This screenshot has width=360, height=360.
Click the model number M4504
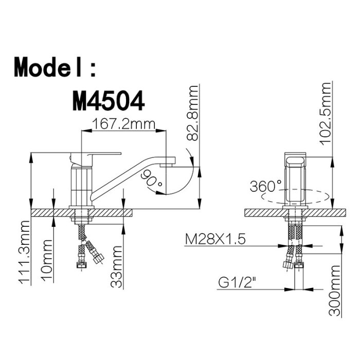pos(109,101)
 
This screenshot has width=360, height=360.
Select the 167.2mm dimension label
pos(124,124)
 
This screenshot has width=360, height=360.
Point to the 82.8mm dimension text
pos(192,113)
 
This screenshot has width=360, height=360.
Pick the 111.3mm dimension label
pos(24,253)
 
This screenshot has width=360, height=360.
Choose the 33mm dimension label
pos(116,266)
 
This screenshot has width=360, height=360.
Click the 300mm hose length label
pos(334,291)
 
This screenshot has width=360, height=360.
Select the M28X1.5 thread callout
pos(215,240)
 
